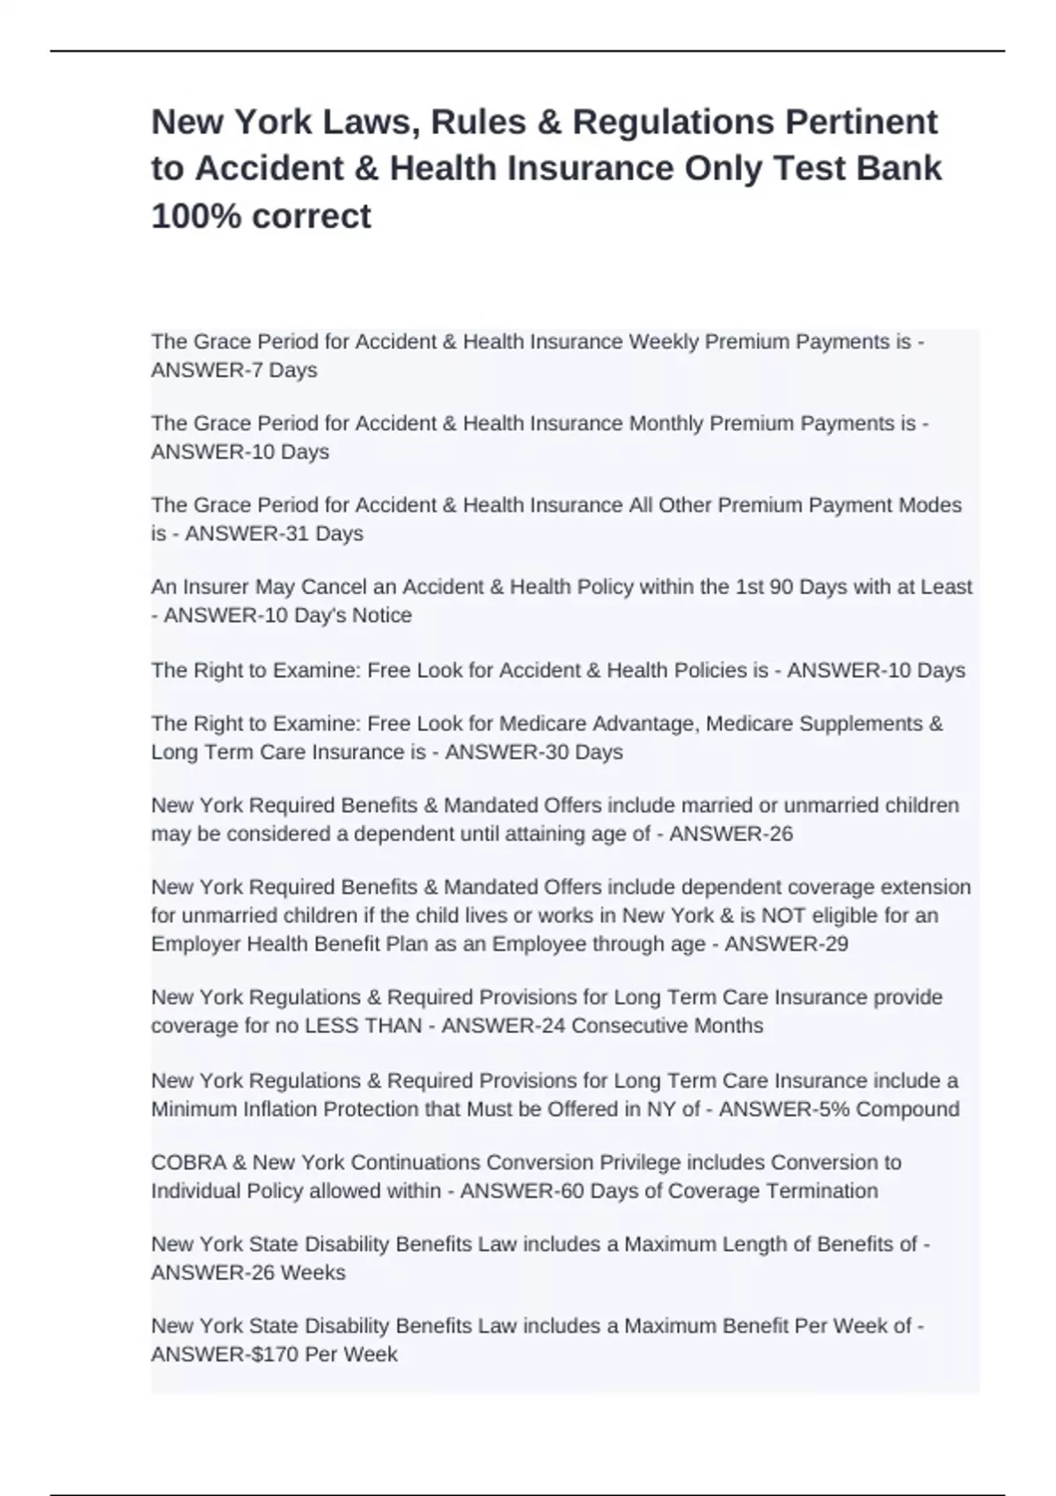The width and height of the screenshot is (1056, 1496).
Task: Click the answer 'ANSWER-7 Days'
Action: (x=234, y=370)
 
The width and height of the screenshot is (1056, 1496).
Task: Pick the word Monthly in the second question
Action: (x=664, y=423)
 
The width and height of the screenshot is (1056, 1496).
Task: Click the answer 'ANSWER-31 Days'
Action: (x=274, y=533)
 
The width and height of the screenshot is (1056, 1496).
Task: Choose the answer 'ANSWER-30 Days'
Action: (x=533, y=752)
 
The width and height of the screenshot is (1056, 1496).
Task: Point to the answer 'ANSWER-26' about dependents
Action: (x=730, y=833)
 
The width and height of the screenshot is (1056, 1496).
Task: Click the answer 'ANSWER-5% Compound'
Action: (x=839, y=1109)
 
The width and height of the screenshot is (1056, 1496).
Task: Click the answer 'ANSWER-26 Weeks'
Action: (x=248, y=1272)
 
